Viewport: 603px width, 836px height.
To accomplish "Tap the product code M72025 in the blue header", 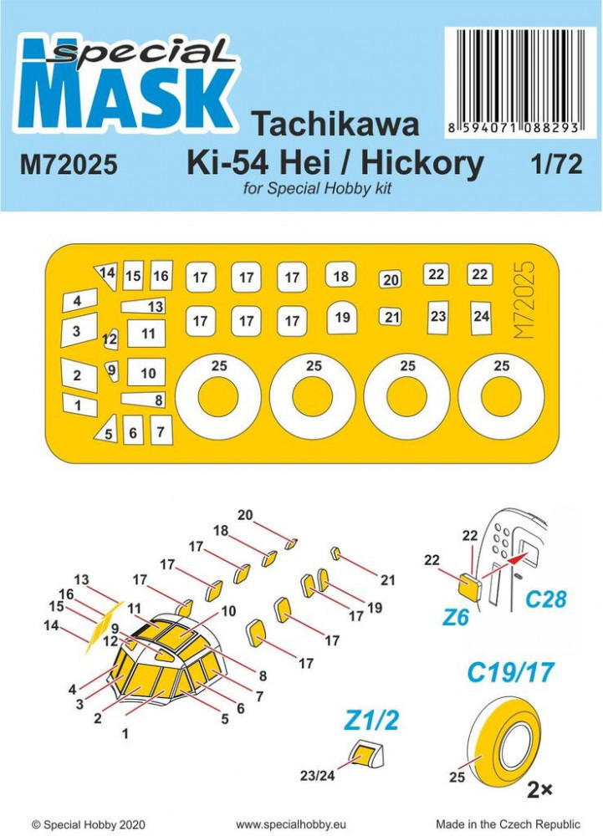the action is (69, 165).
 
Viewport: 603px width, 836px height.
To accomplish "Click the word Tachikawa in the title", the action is (335, 125).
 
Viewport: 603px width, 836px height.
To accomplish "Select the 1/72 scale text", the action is (557, 164).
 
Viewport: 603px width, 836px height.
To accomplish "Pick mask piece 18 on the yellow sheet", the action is (340, 276).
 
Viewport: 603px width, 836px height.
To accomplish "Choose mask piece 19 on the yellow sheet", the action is (342, 318).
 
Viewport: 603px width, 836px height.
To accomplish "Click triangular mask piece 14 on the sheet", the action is (106, 275).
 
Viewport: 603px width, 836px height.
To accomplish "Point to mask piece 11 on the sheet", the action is (146, 334).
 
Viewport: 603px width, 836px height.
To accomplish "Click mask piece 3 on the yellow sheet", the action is (79, 330).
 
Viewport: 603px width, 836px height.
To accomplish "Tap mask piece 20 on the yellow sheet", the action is (391, 280).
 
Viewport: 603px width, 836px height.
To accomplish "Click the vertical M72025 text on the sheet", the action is (524, 299).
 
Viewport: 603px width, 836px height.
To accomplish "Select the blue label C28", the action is (546, 599).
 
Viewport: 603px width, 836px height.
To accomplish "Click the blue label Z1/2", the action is (371, 721).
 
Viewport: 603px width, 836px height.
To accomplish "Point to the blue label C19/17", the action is (511, 673).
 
